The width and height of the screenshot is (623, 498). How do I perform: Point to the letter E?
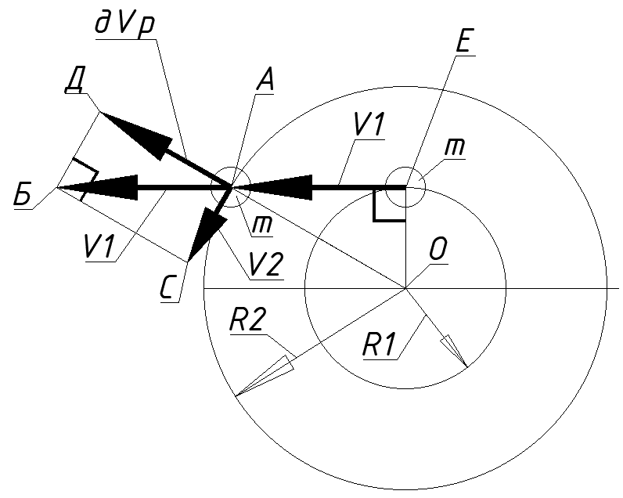coord(463,42)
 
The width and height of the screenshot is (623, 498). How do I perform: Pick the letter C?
coord(169,289)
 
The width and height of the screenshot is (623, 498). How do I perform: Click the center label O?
coord(438,251)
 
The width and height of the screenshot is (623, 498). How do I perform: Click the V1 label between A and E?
coord(368,126)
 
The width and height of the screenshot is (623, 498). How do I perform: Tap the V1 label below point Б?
coord(99,248)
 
